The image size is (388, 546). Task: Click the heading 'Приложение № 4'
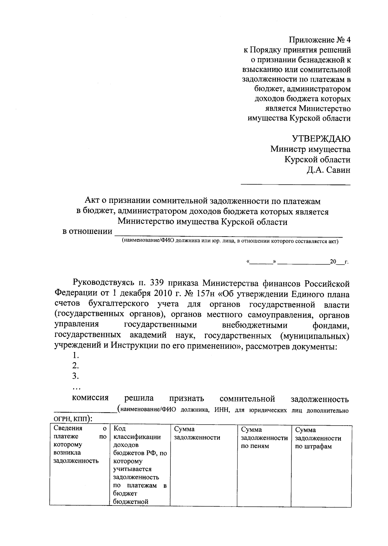click(x=320, y=40)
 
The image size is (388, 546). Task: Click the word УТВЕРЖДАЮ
click(x=321, y=139)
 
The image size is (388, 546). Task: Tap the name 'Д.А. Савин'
click(x=329, y=170)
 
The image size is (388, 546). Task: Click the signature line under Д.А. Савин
click(x=295, y=185)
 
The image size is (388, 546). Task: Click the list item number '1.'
click(x=76, y=355)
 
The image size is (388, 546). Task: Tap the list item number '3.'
click(x=76, y=376)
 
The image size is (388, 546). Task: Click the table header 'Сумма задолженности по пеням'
click(x=264, y=438)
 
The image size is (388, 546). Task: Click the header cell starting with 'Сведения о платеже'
click(x=80, y=444)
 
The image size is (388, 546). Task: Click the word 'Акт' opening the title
click(x=92, y=201)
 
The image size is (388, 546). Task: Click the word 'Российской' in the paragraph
click(x=327, y=284)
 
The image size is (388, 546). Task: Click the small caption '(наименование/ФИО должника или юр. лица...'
click(x=230, y=241)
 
